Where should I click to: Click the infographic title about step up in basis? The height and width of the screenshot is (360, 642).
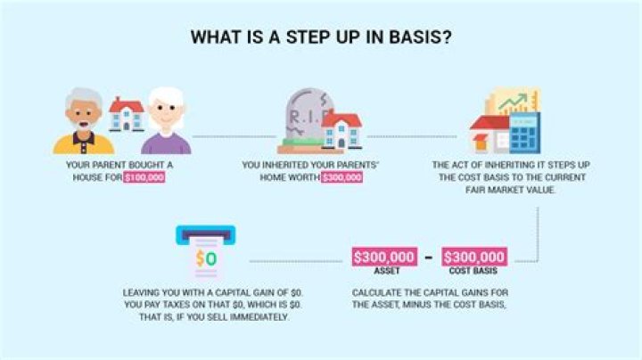click(320, 38)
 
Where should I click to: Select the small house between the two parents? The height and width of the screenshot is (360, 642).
click(126, 113)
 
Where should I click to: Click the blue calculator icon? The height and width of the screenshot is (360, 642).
click(523, 135)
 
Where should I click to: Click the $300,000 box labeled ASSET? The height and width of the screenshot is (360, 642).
click(385, 258)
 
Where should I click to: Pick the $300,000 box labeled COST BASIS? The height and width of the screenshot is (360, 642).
click(474, 258)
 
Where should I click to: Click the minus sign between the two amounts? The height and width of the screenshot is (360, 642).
click(429, 258)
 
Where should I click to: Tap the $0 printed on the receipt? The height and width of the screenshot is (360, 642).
click(205, 259)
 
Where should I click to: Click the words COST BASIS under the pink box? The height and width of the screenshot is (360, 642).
click(474, 272)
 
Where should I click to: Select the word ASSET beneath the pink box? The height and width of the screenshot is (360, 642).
click(385, 272)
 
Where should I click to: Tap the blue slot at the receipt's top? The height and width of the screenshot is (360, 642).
click(205, 232)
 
